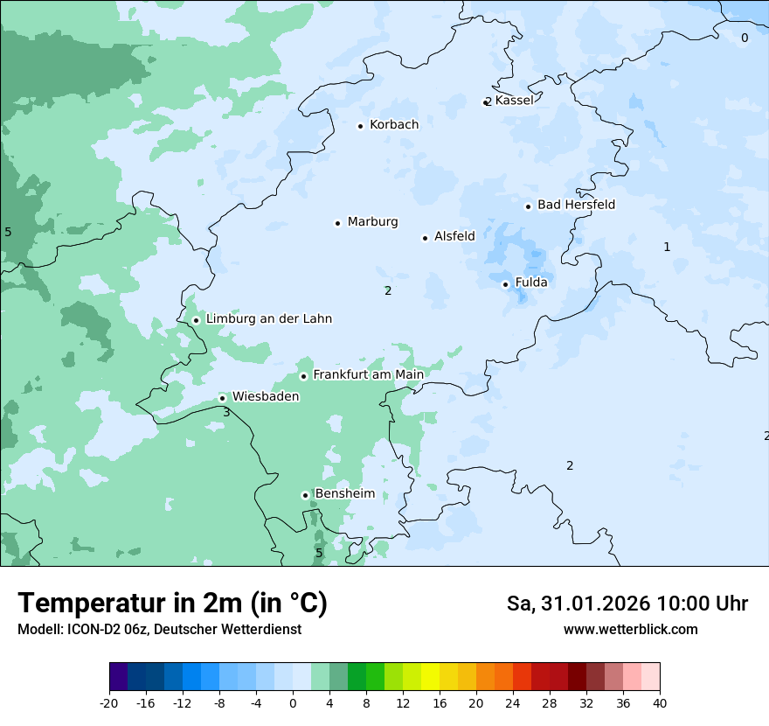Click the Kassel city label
[514, 101]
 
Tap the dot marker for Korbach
[360, 126]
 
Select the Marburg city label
[372, 222]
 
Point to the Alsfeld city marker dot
[425, 238]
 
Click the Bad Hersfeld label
[576, 205]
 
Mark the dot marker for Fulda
[505, 284]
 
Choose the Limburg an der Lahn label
[268, 319]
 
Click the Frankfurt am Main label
[368, 374]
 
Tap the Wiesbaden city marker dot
[222, 398]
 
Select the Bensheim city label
[344, 493]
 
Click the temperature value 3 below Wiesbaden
[226, 412]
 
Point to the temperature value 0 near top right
[745, 38]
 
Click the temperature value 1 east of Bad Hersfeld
[667, 247]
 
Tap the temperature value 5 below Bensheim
[319, 553]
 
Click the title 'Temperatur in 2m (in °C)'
[172, 603]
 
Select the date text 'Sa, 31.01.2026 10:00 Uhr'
[627, 604]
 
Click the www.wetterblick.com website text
[630, 630]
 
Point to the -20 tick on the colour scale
[109, 702]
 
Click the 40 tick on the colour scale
[660, 702]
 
